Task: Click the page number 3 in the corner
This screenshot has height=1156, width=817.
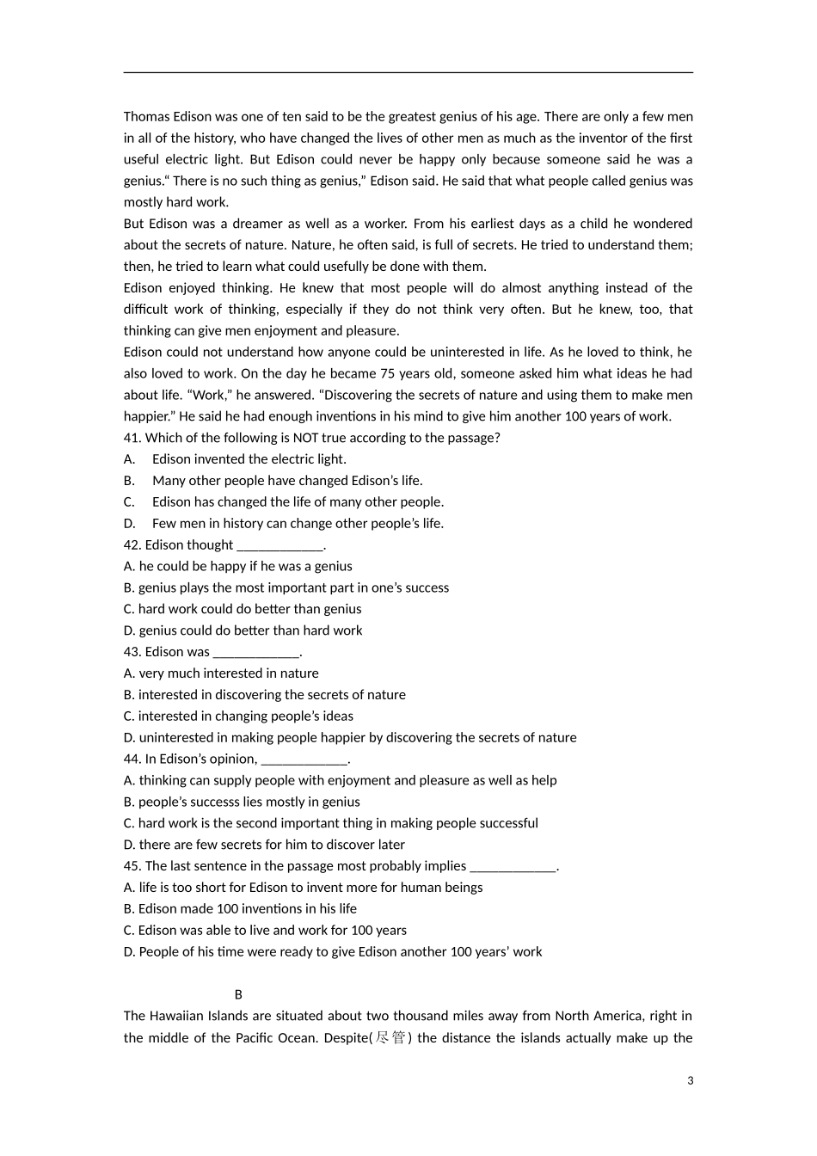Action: pyautogui.click(x=690, y=1081)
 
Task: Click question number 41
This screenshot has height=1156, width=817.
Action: pyautogui.click(x=132, y=438)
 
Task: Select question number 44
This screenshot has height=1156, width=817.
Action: pyautogui.click(x=132, y=759)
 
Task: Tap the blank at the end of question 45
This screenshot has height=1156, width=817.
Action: pyautogui.click(x=513, y=866)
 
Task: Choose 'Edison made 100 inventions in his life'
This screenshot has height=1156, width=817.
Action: pyautogui.click(x=240, y=909)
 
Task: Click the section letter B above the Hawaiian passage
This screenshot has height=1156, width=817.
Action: pyautogui.click(x=239, y=994)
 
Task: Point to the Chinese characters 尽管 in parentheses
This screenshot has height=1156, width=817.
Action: pyautogui.click(x=391, y=1037)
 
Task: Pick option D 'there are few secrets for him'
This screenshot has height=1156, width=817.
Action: pyautogui.click(x=264, y=845)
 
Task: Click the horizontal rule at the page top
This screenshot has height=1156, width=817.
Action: pyautogui.click(x=408, y=73)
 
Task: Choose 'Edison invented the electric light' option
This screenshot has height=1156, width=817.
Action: pyautogui.click(x=249, y=459)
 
